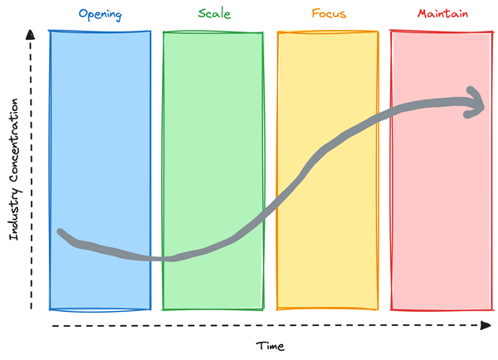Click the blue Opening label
[100, 15]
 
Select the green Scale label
[214, 13]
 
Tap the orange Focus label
[329, 13]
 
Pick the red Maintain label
[442, 13]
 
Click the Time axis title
[271, 346]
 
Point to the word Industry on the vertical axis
[14, 215]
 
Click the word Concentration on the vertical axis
[13, 140]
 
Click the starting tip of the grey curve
[60, 231]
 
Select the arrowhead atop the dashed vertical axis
[30, 35]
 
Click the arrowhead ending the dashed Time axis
[486, 325]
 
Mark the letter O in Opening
[84, 13]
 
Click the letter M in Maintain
[422, 13]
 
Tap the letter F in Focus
[315, 13]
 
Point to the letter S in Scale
[203, 13]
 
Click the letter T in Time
[261, 346]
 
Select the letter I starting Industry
[13, 237]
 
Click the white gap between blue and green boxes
[157, 171]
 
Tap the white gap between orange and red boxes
[384, 171]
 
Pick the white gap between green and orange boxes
[271, 171]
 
